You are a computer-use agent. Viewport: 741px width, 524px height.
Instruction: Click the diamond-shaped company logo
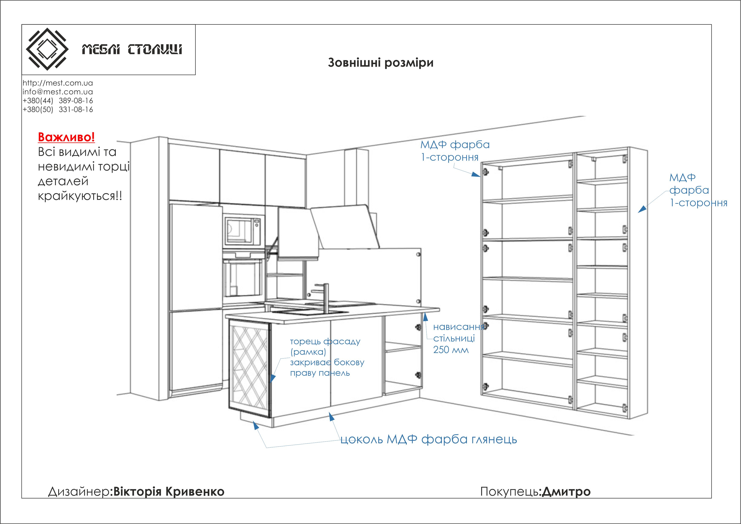(x=47, y=49)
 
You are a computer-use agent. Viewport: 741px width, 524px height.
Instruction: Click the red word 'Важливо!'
(x=66, y=137)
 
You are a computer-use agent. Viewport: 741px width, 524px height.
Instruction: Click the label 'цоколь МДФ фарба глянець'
(x=428, y=439)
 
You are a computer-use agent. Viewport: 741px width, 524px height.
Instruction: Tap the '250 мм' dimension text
(x=451, y=350)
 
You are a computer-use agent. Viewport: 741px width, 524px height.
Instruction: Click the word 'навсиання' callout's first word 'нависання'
(x=458, y=327)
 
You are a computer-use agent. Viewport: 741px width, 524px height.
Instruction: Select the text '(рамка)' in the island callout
(x=308, y=352)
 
